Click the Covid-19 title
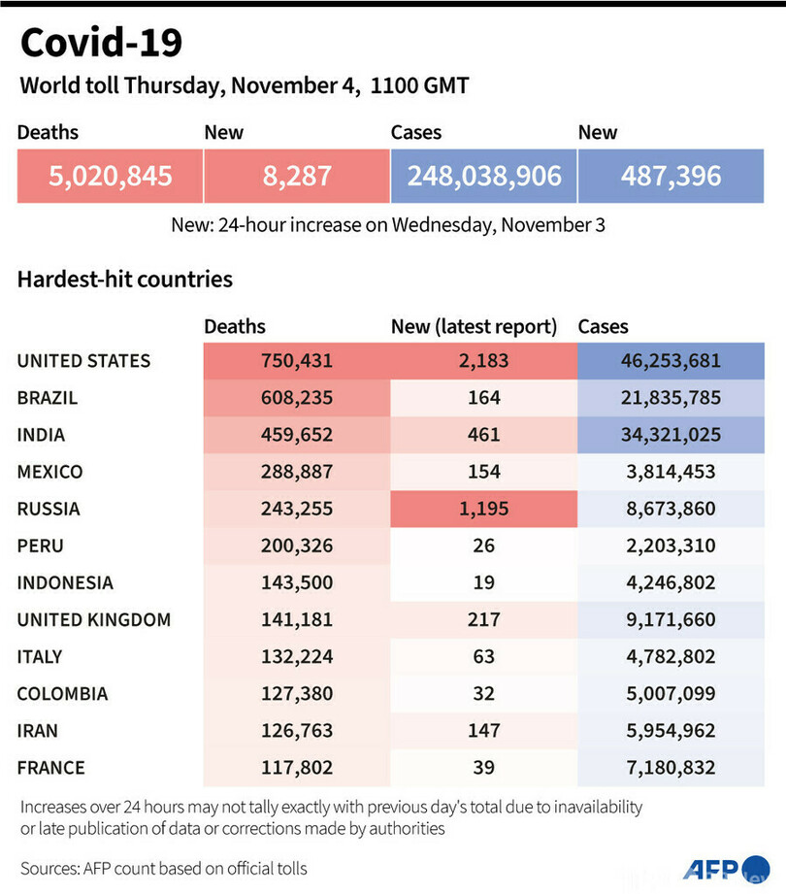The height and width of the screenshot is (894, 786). point(101,43)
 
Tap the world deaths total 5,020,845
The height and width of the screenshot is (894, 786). point(110,176)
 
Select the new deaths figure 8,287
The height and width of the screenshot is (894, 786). point(296,176)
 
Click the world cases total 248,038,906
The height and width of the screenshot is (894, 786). point(483,176)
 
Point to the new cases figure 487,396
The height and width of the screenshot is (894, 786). point(672,176)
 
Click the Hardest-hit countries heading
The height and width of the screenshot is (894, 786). point(125,280)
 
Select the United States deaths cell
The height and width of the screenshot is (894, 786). point(297,361)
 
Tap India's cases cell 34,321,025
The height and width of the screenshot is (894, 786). point(671,435)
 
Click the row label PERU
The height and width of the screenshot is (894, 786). point(40,546)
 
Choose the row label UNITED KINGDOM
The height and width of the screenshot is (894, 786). point(94,619)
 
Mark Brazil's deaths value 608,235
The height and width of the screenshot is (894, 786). point(297,398)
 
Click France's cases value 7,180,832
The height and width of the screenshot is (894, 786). point(671,768)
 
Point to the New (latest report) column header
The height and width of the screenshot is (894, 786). point(474,327)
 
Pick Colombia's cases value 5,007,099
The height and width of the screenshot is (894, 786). point(671,694)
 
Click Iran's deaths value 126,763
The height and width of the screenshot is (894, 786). point(297,731)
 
